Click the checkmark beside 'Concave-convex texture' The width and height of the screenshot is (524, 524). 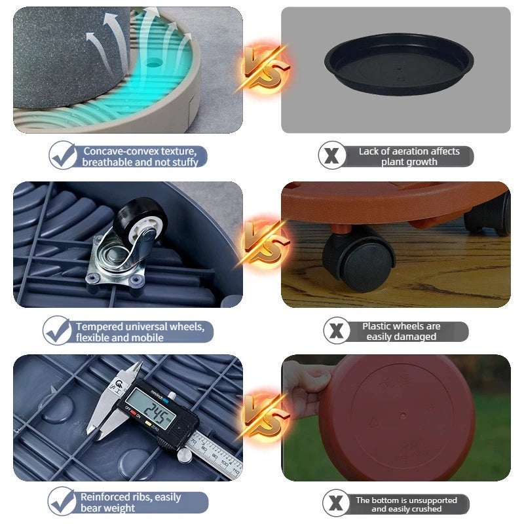(x=63, y=155)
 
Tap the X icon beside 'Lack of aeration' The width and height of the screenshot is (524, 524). (x=332, y=155)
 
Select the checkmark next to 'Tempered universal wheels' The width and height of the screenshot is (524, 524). (x=57, y=331)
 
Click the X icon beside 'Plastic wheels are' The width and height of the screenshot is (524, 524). (x=337, y=331)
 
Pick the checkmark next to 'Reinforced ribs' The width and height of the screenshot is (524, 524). (x=62, y=501)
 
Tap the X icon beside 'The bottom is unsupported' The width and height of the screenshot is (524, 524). (x=336, y=503)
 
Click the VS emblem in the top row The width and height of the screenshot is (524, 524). (x=264, y=69)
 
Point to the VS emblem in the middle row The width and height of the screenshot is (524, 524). (x=264, y=243)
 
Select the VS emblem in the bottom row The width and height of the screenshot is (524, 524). (x=264, y=417)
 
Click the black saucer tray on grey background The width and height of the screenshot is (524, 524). (x=399, y=64)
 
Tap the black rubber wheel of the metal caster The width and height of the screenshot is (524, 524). (x=140, y=221)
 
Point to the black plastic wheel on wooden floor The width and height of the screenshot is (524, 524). (x=359, y=261)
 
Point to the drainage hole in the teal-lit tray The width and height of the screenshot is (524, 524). (x=153, y=62)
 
